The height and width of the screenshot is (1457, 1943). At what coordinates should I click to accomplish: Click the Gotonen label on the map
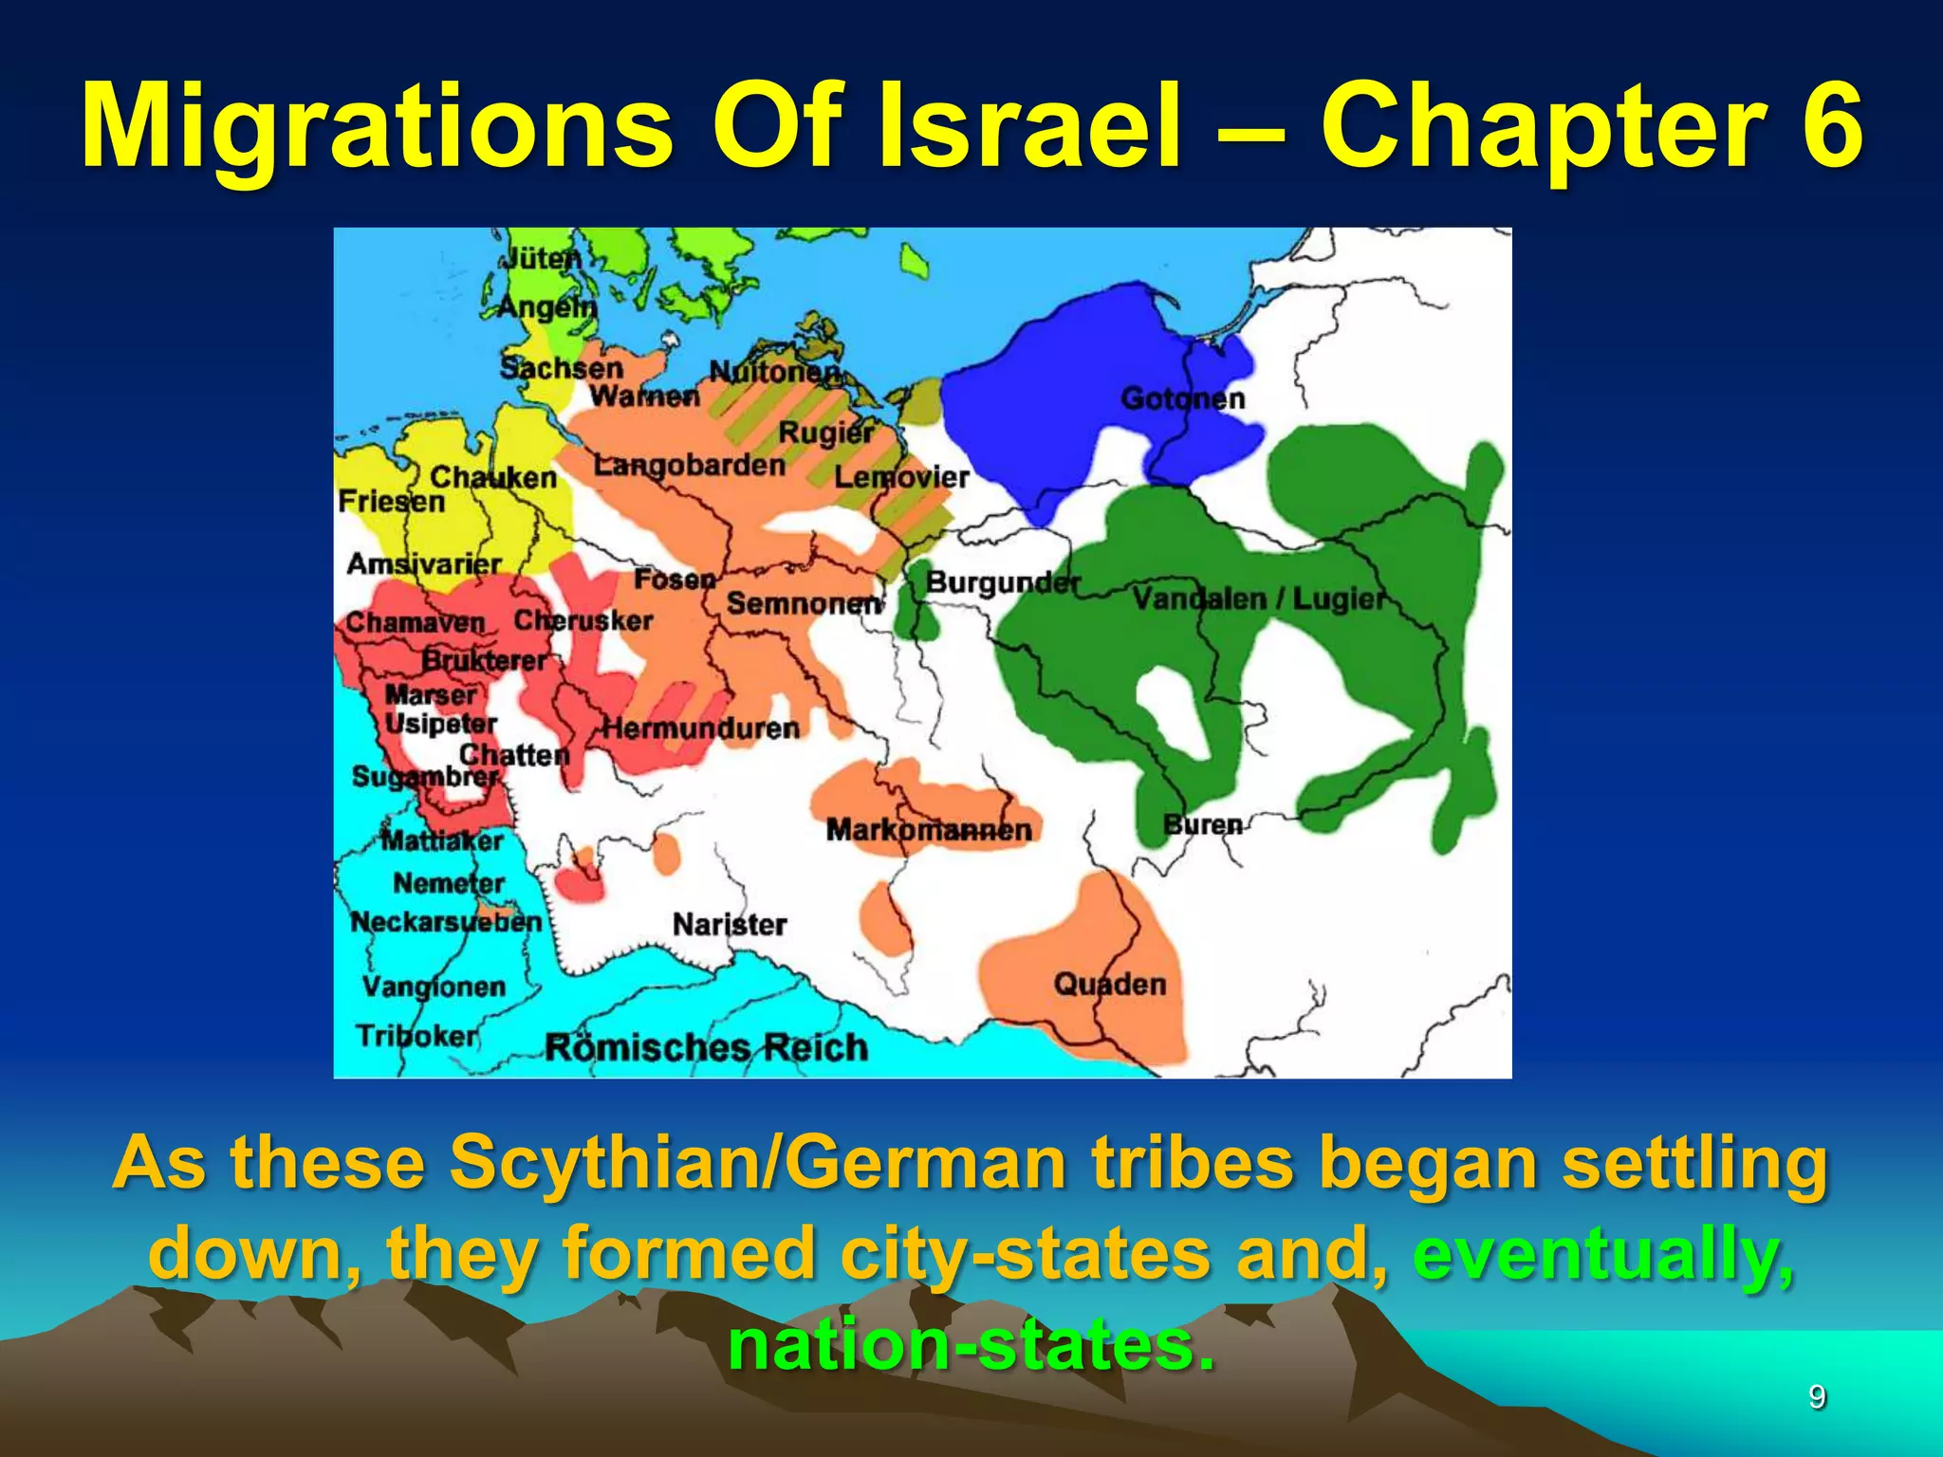tap(1182, 398)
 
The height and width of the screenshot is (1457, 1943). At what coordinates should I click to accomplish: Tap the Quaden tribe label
tap(1109, 985)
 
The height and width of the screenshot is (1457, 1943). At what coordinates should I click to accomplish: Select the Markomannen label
tap(929, 830)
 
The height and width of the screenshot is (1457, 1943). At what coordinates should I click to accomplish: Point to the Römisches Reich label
tap(707, 1047)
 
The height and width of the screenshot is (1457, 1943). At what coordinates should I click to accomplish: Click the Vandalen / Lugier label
tap(1259, 599)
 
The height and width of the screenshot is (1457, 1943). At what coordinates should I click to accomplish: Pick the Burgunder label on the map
tap(1003, 581)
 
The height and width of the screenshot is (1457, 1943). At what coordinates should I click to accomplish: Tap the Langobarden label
tap(690, 465)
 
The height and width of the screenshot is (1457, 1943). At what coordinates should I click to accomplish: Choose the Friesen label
tap(391, 501)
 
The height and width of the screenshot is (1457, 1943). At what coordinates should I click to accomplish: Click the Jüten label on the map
tap(540, 257)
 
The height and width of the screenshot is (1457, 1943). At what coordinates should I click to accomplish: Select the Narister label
tap(730, 924)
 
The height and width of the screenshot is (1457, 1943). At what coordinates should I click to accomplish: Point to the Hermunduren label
tap(701, 728)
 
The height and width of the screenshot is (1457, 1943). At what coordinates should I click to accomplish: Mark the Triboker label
tap(417, 1035)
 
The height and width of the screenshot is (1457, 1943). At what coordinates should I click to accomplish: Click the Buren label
tap(1203, 824)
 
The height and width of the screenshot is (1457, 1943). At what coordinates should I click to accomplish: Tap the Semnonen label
tap(804, 602)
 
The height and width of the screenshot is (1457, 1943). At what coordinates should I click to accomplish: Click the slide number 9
tap(1817, 1397)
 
